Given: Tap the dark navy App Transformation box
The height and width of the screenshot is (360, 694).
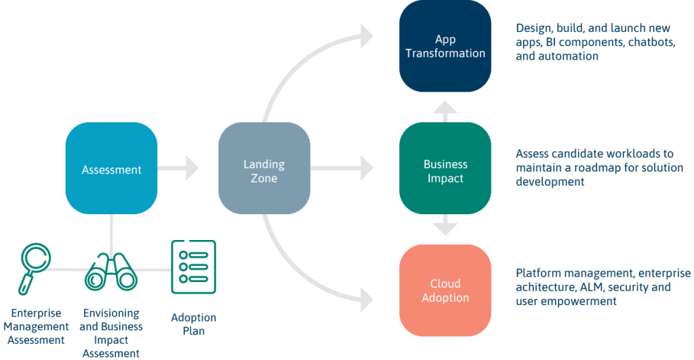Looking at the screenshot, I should coord(445,46).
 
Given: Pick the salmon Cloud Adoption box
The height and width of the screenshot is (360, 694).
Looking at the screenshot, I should coord(445,290).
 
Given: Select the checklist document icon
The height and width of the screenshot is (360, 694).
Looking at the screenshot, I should coord(193,267).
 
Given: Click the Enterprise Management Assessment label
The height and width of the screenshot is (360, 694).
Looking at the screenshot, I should coord(36,327).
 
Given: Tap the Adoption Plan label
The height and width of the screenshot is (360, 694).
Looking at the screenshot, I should coord(193,324).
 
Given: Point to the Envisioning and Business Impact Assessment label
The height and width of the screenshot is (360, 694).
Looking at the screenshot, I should coord(111,333).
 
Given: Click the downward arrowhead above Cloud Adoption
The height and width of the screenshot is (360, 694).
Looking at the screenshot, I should coord(445,228).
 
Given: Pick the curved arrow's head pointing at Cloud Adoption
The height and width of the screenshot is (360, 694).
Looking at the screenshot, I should coord(367,297).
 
